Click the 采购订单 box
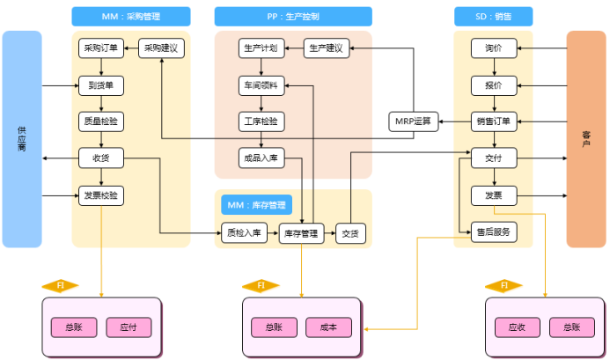(x=101, y=48)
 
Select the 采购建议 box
(x=162, y=48)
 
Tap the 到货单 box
(x=101, y=85)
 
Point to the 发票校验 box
(x=101, y=195)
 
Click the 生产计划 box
(x=261, y=48)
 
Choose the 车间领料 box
(x=261, y=85)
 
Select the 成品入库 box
(x=261, y=158)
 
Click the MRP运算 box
(x=413, y=121)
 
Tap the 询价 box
(x=494, y=48)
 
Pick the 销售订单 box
(x=494, y=121)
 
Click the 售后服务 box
(x=494, y=232)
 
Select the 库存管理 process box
(x=302, y=233)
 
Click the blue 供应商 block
(x=22, y=138)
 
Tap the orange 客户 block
(x=586, y=138)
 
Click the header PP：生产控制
(x=292, y=16)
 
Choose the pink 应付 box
(x=129, y=327)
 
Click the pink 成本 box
(x=329, y=327)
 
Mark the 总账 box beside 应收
(x=566, y=327)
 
